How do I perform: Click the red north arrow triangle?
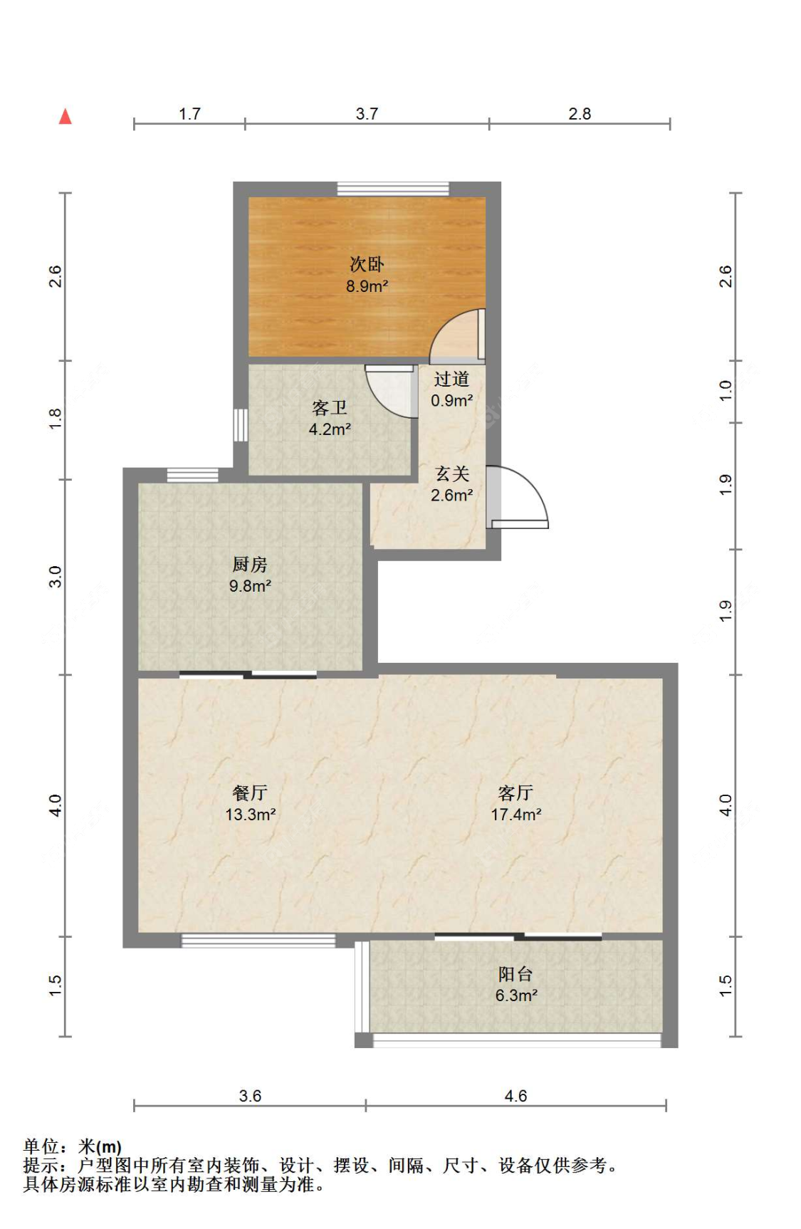(66, 116)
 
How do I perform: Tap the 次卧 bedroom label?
(367, 264)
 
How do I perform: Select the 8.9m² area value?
(367, 286)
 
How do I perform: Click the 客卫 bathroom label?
(330, 408)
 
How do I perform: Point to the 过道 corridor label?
(451, 379)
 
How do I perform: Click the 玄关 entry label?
(452, 474)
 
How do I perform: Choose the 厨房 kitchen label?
(250, 565)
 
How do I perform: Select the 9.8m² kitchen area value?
(250, 586)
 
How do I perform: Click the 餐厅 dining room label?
(250, 793)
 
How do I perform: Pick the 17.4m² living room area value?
(516, 815)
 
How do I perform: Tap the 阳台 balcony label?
(515, 974)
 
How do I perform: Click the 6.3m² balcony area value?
(516, 995)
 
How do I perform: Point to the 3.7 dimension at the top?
(367, 114)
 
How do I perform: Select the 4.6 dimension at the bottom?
(515, 1096)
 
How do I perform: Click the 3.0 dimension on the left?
(56, 577)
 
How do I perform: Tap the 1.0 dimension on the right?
(725, 391)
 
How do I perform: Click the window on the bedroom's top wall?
(393, 189)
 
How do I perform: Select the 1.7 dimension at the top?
(189, 114)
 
